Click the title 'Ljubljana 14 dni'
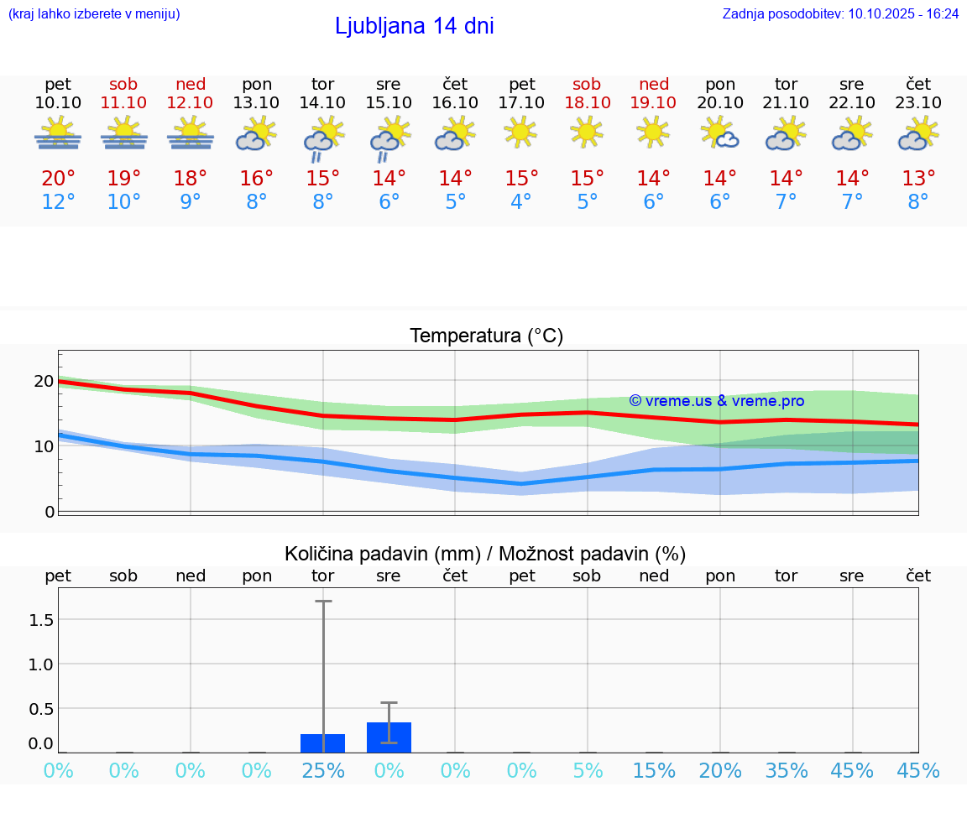point(414,26)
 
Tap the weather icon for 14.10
point(322,139)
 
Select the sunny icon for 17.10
point(521,132)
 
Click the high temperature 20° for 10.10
point(58,178)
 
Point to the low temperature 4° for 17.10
point(521,202)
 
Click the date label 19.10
point(654,102)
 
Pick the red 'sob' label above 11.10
point(123,84)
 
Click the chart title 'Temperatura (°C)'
point(486,336)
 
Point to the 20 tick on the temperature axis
point(44,381)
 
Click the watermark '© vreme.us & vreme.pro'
point(716,401)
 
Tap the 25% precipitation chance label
point(323,770)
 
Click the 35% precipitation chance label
point(787,770)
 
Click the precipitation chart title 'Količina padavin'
point(485,554)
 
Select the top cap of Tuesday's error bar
point(323,602)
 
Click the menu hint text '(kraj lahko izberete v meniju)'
point(93,13)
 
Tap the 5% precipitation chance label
point(587,770)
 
